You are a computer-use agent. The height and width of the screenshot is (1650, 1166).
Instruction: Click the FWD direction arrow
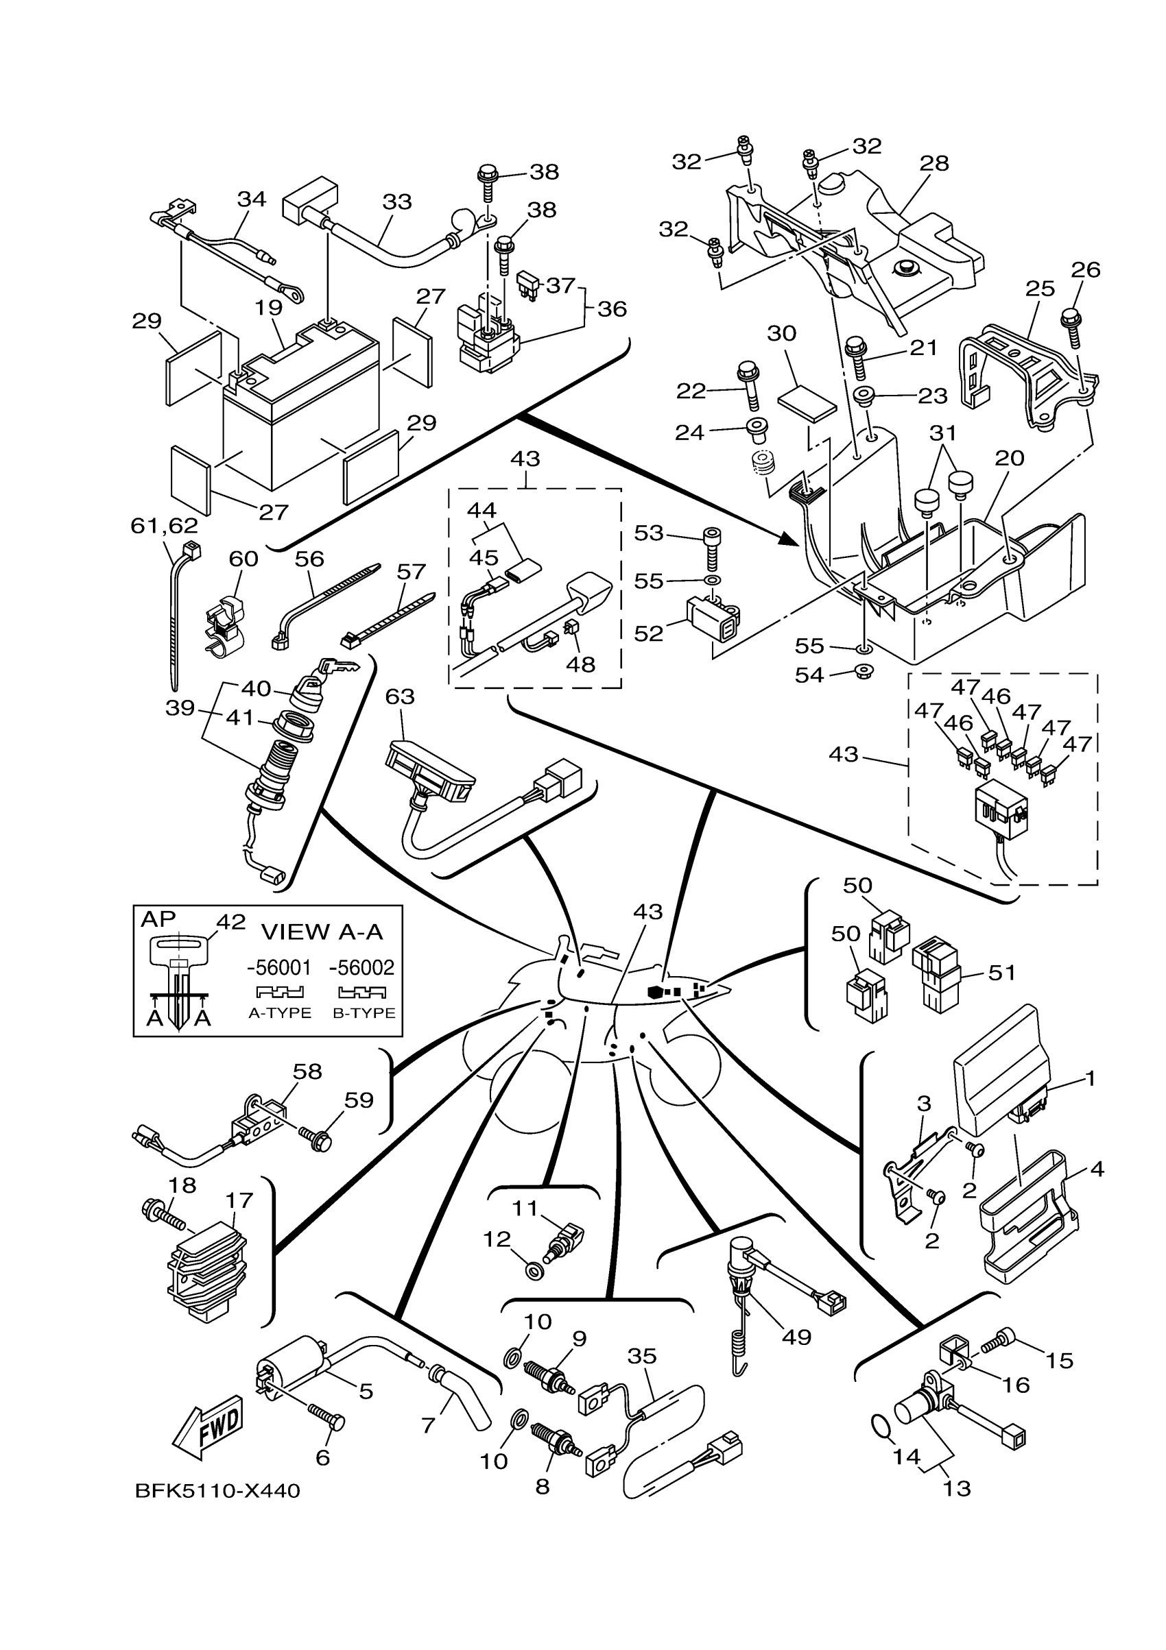209,1428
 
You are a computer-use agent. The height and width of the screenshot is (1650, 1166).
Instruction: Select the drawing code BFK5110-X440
217,1491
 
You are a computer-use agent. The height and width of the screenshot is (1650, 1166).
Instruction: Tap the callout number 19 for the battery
268,308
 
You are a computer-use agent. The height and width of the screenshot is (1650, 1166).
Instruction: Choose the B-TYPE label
364,1012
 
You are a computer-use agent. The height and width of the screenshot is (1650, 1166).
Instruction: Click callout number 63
400,696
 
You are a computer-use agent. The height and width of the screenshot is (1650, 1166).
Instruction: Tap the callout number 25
1040,289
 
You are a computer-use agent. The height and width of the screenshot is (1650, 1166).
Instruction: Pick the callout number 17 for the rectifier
239,1200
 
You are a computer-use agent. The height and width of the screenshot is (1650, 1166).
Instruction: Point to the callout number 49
796,1337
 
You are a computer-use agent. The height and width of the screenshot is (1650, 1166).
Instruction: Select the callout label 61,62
164,525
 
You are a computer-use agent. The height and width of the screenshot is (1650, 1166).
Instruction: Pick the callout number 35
642,1356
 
